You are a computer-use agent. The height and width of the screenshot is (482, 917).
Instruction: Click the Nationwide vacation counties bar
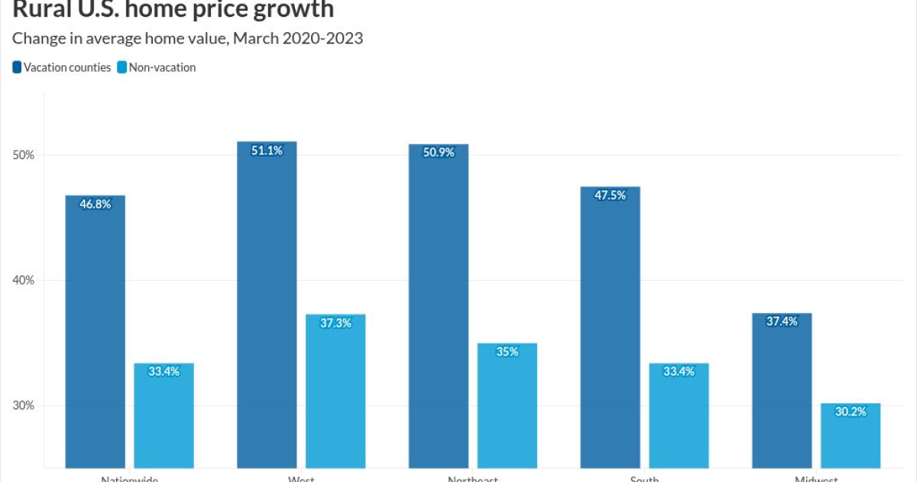96,337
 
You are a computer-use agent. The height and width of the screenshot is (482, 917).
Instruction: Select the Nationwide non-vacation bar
164,421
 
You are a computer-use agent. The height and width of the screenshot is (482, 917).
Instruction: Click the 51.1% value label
267,151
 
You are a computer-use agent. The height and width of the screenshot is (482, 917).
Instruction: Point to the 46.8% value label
96,204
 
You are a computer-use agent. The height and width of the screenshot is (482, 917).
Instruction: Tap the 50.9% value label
439,152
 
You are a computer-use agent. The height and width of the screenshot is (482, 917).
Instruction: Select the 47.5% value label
610,195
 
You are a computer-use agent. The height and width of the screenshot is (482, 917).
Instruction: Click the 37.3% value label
335,323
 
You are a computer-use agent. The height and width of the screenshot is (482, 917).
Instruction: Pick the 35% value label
507,352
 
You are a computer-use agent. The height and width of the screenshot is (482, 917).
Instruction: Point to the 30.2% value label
851,412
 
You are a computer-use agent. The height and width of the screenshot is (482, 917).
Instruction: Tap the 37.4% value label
782,321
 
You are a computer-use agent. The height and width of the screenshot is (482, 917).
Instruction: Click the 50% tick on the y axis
24,155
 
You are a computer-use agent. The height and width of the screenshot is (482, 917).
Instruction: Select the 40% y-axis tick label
24,280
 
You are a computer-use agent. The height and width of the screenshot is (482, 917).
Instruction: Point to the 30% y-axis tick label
24,405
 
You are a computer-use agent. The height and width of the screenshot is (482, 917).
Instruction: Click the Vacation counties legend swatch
17,67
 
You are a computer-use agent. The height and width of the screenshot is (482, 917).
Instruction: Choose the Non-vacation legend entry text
162,67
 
